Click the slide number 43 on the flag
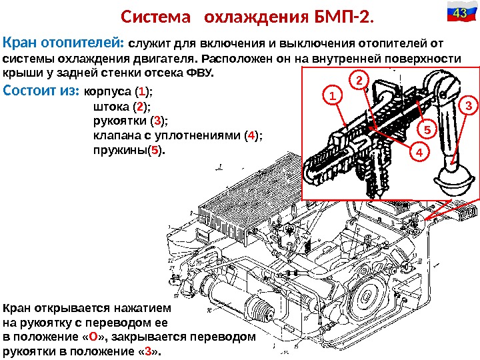point(459,13)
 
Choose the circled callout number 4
point(419,153)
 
